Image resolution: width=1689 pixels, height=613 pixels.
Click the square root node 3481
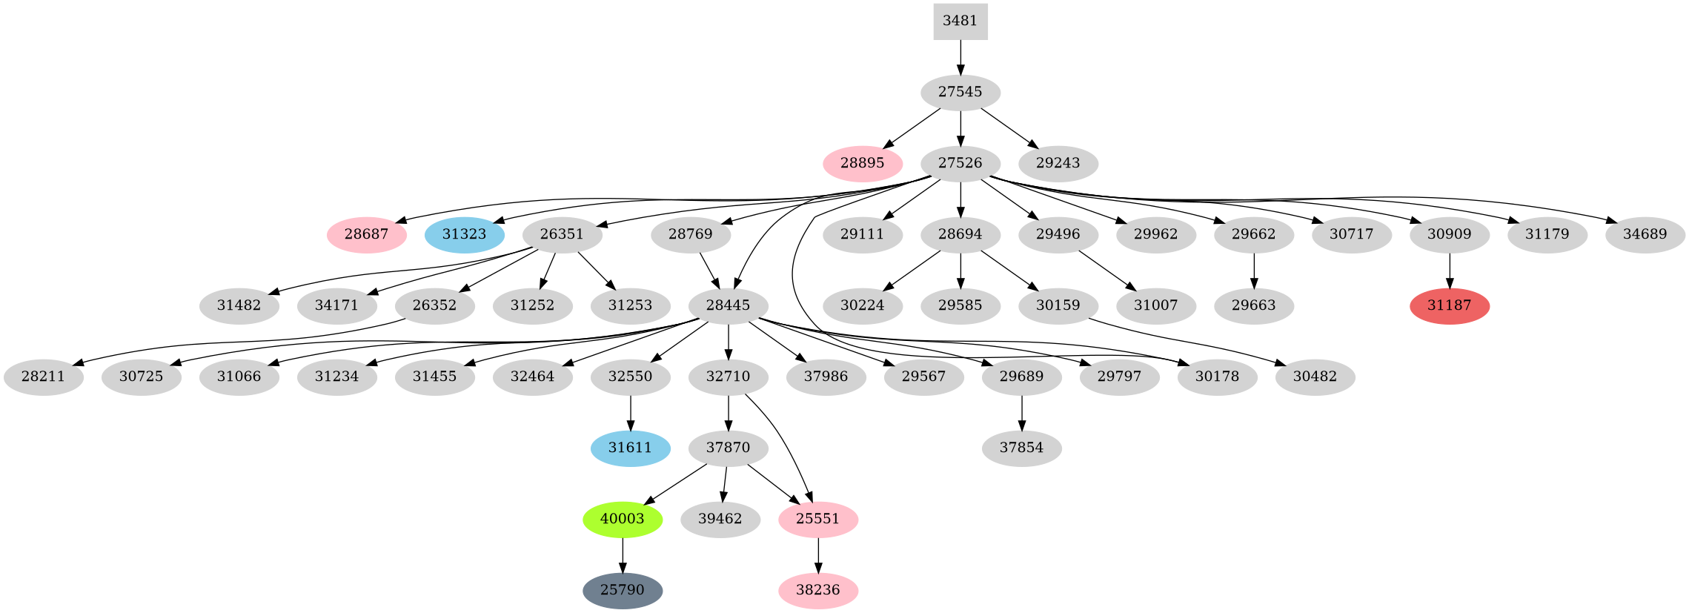(x=960, y=21)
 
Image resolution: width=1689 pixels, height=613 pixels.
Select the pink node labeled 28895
(x=862, y=163)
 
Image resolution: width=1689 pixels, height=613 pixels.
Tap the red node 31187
(x=1449, y=306)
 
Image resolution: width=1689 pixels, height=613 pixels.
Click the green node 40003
(x=623, y=519)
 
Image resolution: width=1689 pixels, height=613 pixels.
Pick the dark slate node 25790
(x=623, y=590)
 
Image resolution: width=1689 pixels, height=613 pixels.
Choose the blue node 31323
(x=465, y=235)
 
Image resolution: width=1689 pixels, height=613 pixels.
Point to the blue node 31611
(x=630, y=448)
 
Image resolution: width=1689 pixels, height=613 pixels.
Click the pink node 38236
(x=817, y=590)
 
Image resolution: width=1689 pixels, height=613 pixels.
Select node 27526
(x=960, y=163)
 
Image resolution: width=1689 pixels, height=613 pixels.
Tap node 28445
(x=728, y=306)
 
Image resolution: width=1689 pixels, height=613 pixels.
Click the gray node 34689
(x=1645, y=235)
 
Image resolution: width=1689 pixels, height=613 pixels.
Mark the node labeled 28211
(x=43, y=377)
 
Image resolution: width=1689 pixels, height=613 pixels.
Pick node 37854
(x=1021, y=448)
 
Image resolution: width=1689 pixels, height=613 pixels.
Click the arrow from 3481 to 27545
(x=960, y=57)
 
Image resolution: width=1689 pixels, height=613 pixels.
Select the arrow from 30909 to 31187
(x=1449, y=271)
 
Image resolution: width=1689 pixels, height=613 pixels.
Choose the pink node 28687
(x=366, y=235)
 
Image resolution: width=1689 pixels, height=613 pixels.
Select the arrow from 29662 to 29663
(x=1253, y=271)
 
